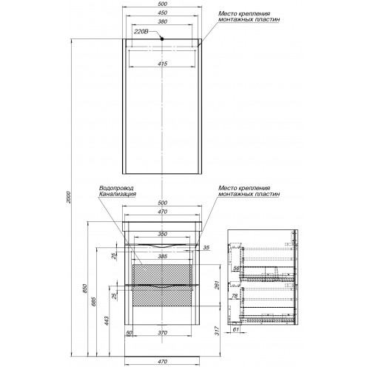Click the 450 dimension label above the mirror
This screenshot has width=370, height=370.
click(162, 13)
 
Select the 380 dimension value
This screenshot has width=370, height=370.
click(162, 21)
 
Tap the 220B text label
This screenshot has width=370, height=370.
click(141, 32)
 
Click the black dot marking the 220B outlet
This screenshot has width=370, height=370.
click(162, 38)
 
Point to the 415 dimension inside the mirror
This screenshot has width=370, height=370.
click(162, 64)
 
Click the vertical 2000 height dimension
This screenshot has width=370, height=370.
click(69, 197)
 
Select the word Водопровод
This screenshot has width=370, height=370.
click(116, 188)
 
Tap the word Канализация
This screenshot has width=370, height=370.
click(118, 194)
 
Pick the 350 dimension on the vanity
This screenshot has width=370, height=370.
click(162, 234)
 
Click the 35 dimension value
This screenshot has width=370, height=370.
click(206, 247)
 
